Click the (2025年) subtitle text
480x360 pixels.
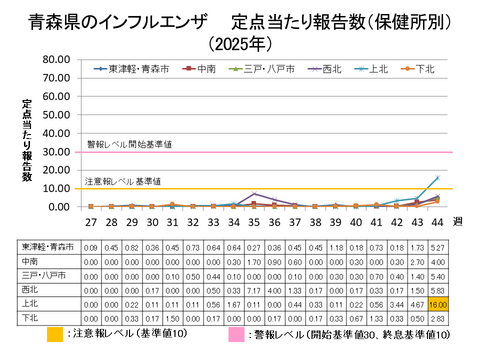[240, 44]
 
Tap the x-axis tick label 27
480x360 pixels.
[91, 221]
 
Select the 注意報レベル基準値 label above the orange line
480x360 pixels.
[125, 181]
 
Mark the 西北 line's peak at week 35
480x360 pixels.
[254, 193]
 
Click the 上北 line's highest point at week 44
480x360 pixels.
[436, 177]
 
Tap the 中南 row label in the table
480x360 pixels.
[30, 259]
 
